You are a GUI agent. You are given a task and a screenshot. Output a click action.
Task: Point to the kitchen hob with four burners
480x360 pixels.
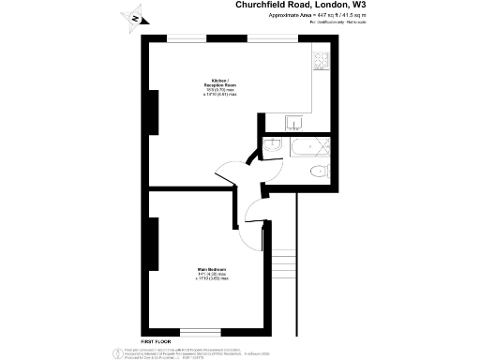coord(320,61)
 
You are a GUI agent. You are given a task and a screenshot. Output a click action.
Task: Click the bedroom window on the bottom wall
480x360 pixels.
coord(200,331)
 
